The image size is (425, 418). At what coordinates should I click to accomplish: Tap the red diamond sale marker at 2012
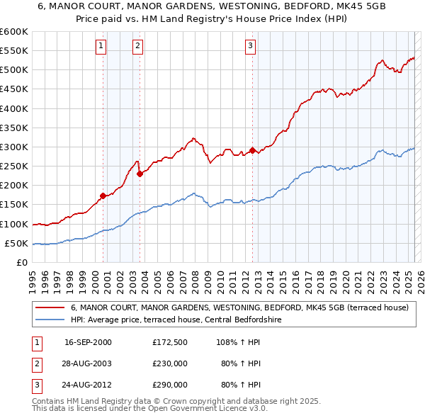(252, 150)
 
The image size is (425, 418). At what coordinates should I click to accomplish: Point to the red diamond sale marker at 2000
(103, 196)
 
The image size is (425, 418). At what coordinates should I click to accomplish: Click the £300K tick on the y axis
(14, 147)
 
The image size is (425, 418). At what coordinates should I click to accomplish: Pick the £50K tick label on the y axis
(17, 243)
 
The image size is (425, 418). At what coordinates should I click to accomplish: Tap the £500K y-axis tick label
(14, 69)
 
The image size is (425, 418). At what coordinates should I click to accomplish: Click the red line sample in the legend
(50, 308)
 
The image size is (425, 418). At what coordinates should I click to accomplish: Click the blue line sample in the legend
(50, 320)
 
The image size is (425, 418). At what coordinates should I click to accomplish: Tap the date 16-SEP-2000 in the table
(88, 341)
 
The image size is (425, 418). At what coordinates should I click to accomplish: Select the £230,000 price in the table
(170, 363)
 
